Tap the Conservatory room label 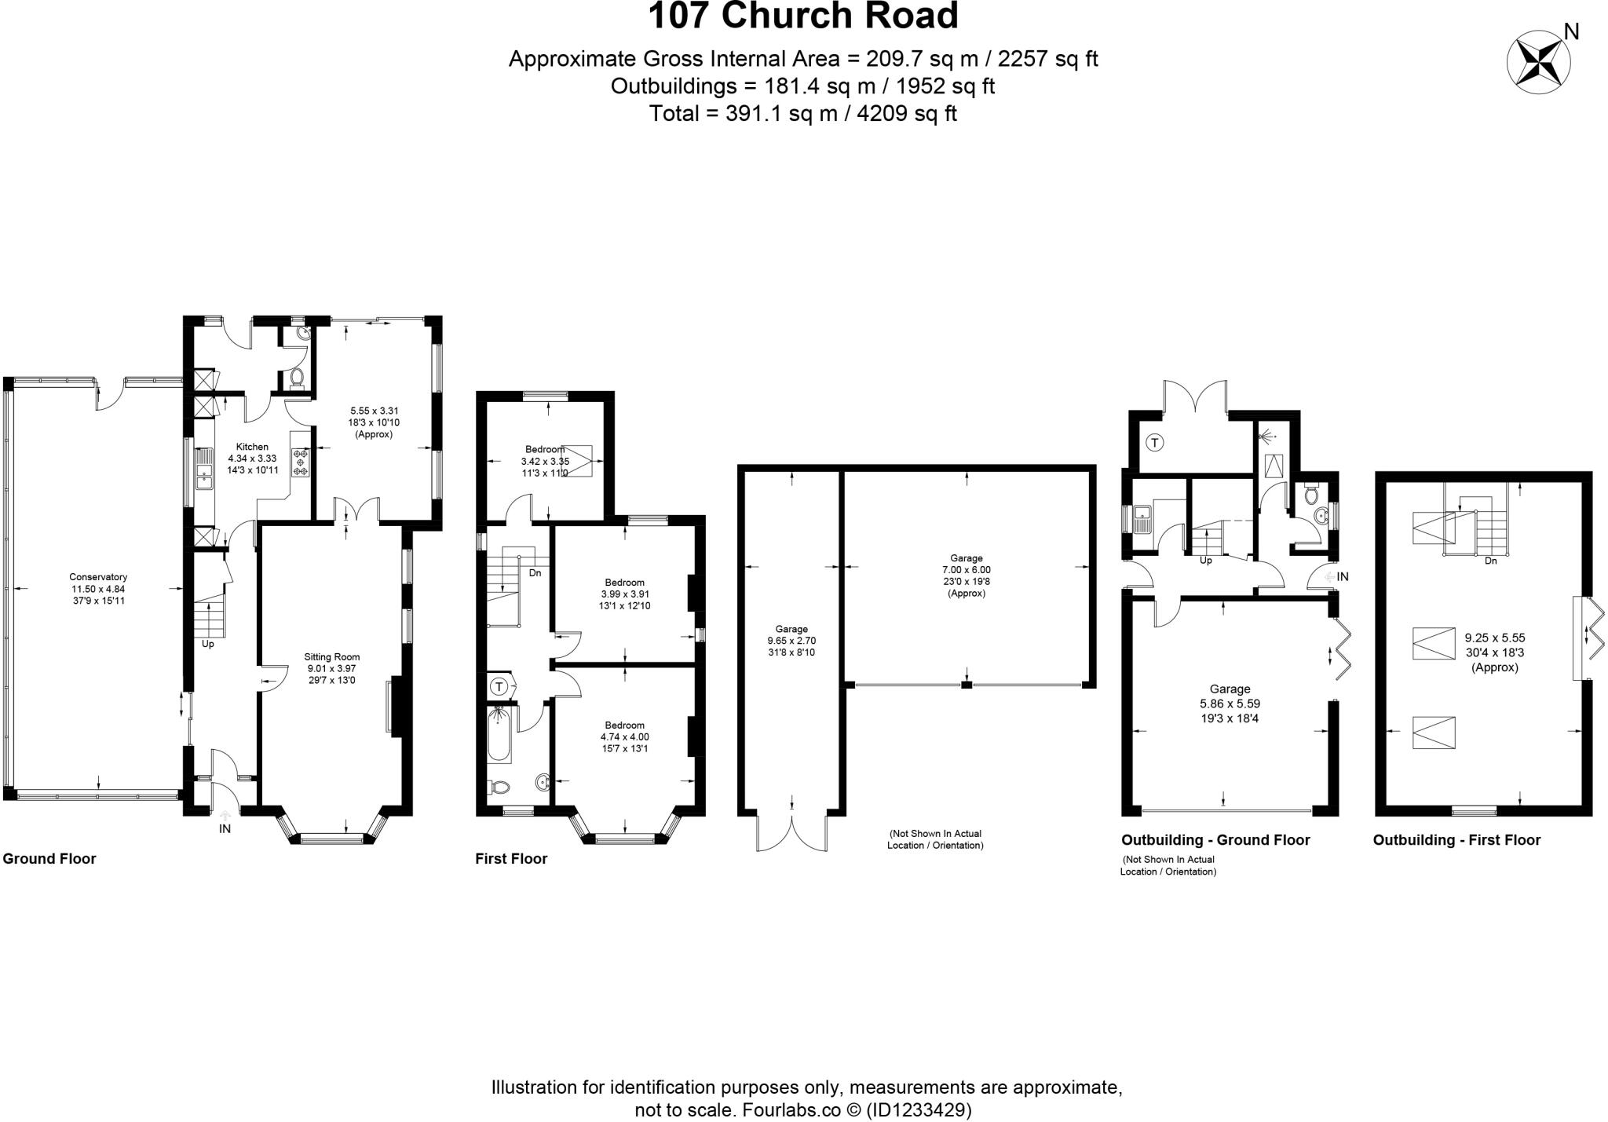coord(98,589)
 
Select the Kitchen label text coord(252,447)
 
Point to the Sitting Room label coord(332,657)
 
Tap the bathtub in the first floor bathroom coord(499,734)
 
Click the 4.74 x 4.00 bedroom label coord(624,736)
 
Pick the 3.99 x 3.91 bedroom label coord(624,594)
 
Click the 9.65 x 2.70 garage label coord(791,641)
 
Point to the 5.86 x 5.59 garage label coord(1230,704)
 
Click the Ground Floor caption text coord(49,858)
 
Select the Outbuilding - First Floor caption coord(1456,840)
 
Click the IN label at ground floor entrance coord(225,828)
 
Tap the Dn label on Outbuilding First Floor coord(1490,561)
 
